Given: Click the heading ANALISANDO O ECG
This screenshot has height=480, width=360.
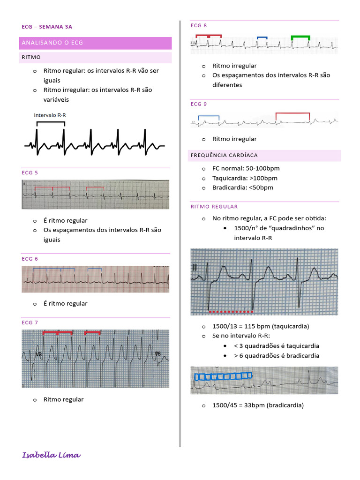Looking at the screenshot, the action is click(x=52, y=43).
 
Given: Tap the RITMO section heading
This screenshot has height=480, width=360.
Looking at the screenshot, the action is click(x=31, y=57).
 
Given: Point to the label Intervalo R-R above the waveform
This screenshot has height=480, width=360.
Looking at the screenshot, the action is click(x=50, y=115).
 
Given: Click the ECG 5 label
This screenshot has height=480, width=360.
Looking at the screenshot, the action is click(x=30, y=172).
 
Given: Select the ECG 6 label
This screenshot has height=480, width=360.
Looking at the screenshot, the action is click(x=30, y=259).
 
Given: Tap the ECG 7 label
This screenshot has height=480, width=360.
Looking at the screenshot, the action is click(x=30, y=322).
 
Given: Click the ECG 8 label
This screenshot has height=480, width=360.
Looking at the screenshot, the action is click(x=199, y=25).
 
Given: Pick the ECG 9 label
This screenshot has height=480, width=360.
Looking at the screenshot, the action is click(x=199, y=104).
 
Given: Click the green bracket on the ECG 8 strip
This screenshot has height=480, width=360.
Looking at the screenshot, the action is click(x=300, y=37).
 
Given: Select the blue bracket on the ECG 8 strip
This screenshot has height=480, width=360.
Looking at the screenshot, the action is click(x=262, y=37).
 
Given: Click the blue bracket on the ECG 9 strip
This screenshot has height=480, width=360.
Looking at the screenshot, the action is click(x=209, y=116).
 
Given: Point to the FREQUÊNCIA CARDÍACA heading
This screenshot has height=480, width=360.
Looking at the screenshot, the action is click(x=224, y=155).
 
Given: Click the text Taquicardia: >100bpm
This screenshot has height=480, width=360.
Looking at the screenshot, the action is click(x=245, y=178).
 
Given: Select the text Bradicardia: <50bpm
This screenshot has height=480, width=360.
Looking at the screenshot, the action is click(x=243, y=187).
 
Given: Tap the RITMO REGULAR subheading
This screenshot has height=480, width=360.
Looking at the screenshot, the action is click(x=214, y=207).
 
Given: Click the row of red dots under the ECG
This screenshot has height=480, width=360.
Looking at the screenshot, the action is click(x=231, y=311).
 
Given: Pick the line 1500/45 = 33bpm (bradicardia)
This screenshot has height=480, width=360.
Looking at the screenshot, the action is click(x=258, y=405).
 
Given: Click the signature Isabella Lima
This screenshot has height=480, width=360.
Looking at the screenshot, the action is click(x=52, y=455).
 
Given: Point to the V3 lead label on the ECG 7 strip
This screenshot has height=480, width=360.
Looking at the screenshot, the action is click(x=38, y=355).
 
